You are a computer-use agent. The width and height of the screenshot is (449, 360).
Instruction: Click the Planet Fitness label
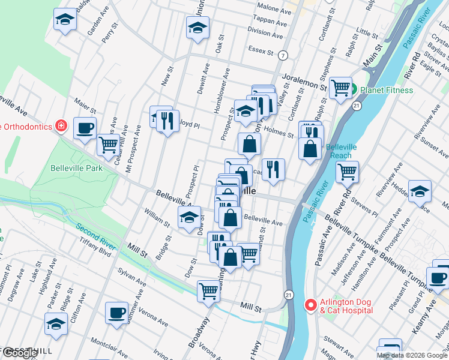click(x=387, y=90)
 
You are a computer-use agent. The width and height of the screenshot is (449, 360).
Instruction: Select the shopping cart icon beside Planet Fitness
click(x=340, y=88)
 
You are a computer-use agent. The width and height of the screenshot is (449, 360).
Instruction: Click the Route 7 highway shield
click(x=282, y=55)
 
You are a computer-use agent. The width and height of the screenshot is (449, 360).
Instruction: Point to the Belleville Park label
click(x=76, y=168)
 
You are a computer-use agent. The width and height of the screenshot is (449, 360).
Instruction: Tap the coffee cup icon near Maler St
click(x=85, y=127)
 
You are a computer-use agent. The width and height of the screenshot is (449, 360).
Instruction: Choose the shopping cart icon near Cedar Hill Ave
click(x=108, y=144)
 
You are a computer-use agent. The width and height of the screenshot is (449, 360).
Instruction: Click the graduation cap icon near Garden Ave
click(x=65, y=20)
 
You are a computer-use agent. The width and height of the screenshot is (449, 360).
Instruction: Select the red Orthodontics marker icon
click(x=61, y=125)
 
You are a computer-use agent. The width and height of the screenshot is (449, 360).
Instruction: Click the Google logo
click(x=20, y=353)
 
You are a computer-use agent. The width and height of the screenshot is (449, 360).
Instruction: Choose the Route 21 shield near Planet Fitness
click(x=357, y=106)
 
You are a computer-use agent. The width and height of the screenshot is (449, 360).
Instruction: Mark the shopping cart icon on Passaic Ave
click(x=347, y=172)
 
